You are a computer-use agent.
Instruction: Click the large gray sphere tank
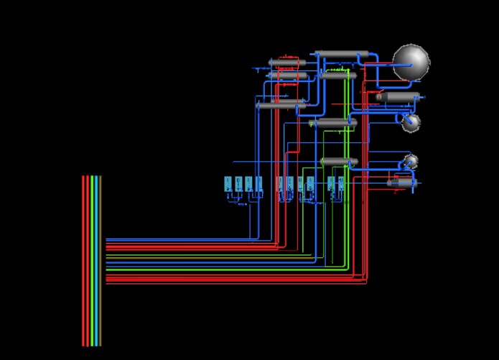[x=411, y=62]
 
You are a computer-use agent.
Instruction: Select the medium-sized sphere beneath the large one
[x=411, y=122]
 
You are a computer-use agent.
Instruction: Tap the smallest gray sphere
[x=411, y=161]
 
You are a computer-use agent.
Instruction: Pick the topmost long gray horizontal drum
[x=342, y=55]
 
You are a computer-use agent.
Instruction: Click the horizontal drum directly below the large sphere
[x=399, y=96]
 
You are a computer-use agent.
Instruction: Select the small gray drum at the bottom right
[x=402, y=183]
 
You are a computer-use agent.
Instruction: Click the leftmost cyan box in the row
[x=228, y=184]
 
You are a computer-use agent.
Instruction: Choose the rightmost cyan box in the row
[x=340, y=184]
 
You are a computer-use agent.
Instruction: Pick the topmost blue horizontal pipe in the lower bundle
[x=179, y=239]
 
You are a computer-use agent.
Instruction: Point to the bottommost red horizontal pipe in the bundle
[x=215, y=282]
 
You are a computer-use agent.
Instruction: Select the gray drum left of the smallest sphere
[x=339, y=162]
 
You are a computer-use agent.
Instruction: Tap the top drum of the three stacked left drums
[x=287, y=63]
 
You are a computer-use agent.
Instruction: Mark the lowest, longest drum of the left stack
[x=280, y=106]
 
